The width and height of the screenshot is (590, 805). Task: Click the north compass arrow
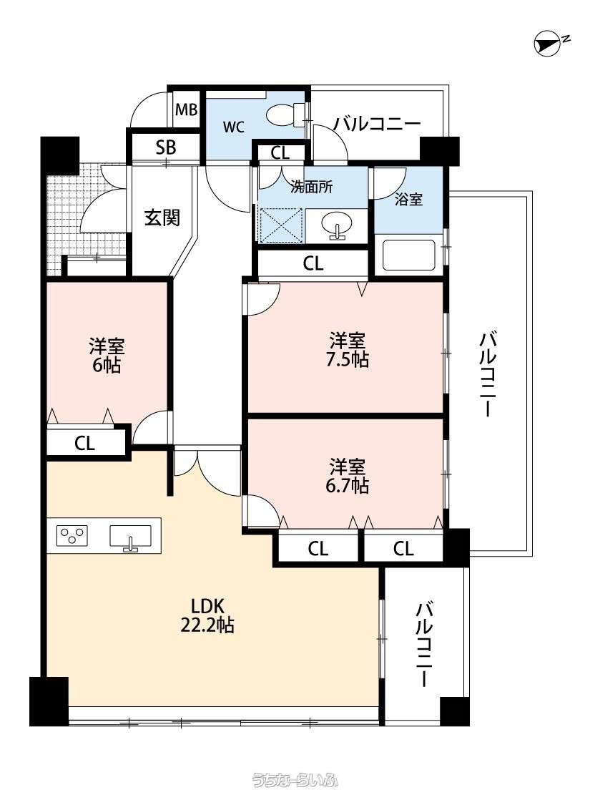(547, 44)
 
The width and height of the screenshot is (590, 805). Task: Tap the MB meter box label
(186, 110)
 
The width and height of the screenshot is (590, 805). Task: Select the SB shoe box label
(166, 148)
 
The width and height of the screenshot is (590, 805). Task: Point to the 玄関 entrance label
(162, 218)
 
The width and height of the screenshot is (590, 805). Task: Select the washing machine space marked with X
(280, 225)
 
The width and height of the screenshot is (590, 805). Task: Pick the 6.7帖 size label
(348, 485)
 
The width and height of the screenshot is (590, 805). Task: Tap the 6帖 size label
(107, 366)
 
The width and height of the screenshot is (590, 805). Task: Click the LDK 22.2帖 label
(207, 615)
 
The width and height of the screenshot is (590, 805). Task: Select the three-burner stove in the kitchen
(72, 535)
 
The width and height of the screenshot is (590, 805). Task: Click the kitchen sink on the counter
(131, 537)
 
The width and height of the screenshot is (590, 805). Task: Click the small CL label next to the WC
(280, 153)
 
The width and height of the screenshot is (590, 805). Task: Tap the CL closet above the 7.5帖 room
(313, 264)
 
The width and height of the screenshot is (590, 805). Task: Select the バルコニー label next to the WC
(377, 124)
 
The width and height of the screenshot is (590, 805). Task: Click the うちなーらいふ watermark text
(295, 781)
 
